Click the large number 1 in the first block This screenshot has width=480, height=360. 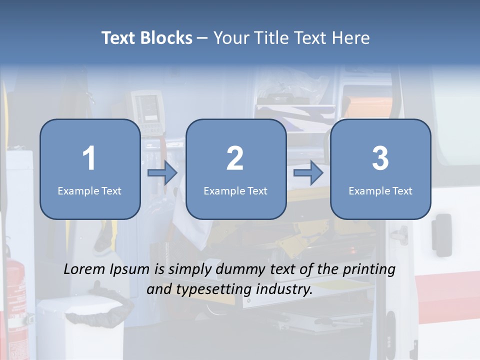tap(89, 158)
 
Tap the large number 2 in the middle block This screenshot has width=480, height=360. tap(235, 158)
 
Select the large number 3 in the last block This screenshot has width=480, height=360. tap(380, 158)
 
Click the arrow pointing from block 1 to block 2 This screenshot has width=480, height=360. tap(162, 173)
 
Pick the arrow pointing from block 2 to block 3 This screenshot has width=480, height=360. tap(308, 173)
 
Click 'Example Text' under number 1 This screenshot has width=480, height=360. tap(89, 190)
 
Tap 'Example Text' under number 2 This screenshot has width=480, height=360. tap(235, 190)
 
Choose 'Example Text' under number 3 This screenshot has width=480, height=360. tap(380, 190)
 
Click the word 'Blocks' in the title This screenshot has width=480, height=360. tap(167, 38)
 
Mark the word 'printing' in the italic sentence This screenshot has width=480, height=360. tap(370, 269)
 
